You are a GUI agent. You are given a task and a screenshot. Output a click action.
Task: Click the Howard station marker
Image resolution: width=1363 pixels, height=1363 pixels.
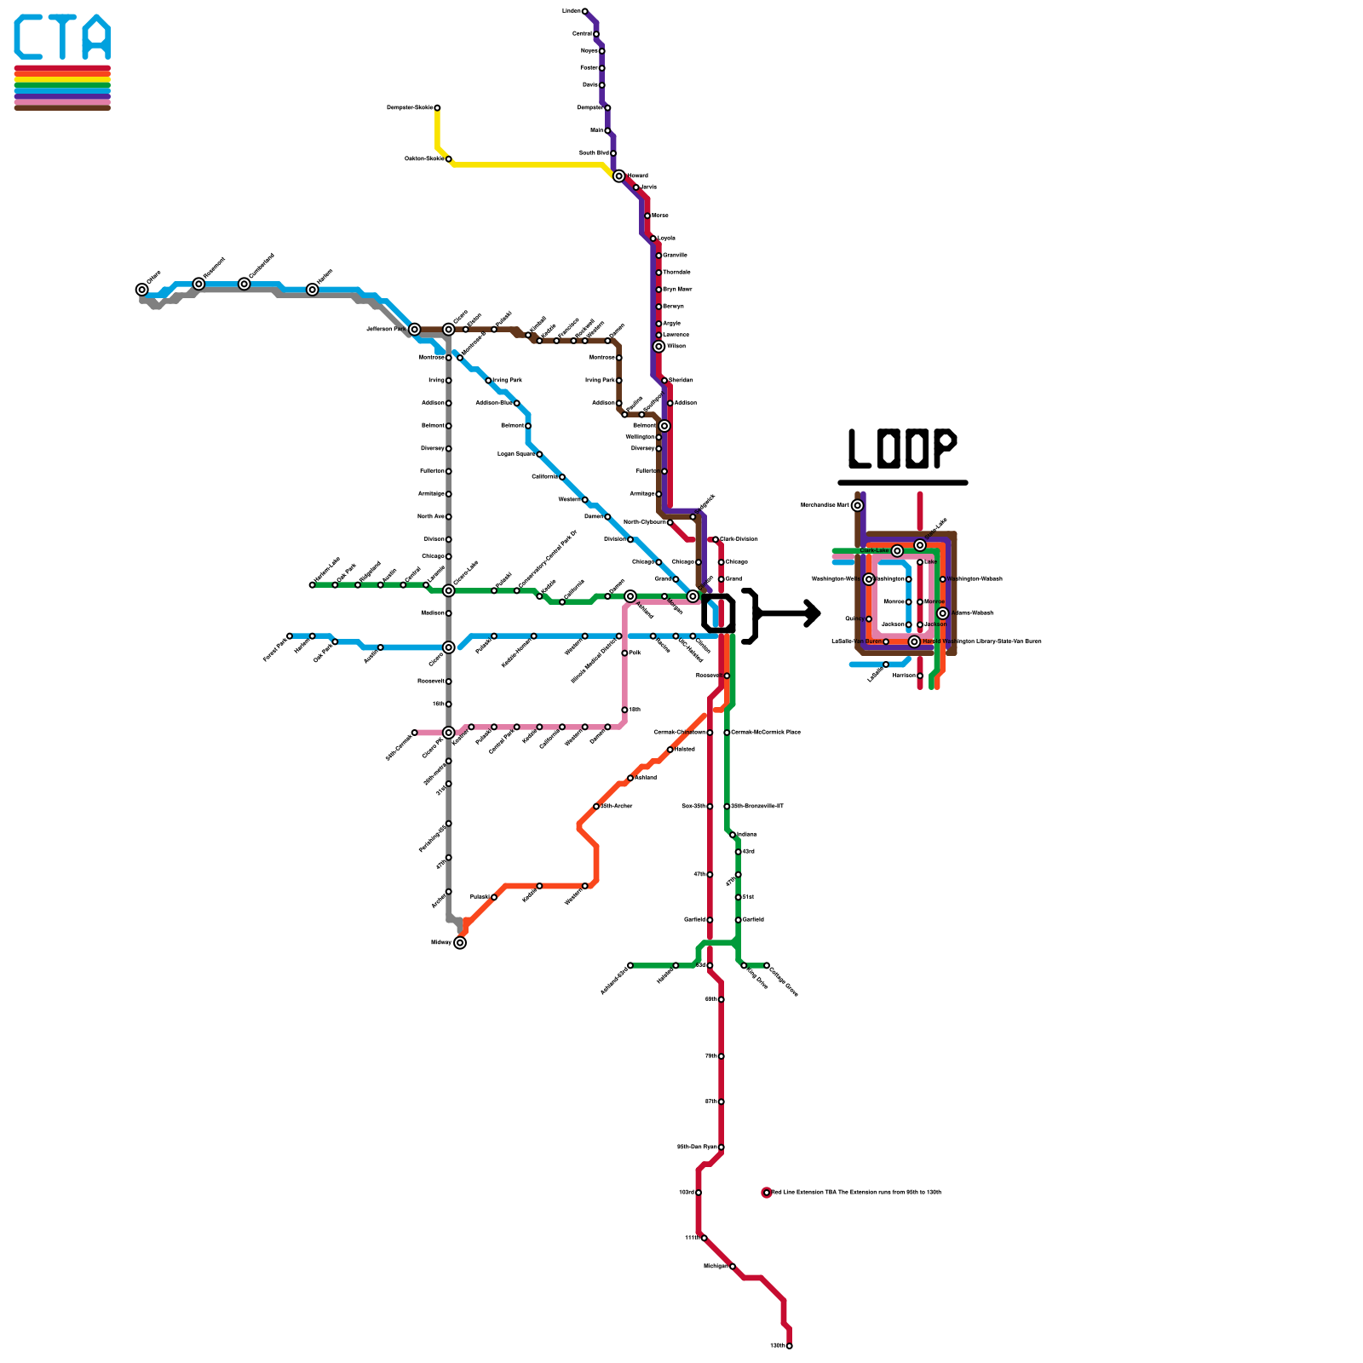point(618,175)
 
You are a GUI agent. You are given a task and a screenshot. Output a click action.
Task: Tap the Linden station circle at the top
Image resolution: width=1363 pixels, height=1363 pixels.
point(584,11)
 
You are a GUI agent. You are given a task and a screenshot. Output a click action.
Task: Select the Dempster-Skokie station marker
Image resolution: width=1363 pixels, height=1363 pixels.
point(437,108)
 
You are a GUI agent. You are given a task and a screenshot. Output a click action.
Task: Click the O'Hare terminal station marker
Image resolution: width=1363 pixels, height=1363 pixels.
point(142,290)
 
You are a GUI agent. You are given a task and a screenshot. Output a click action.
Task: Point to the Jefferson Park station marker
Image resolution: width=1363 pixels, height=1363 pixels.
point(414,330)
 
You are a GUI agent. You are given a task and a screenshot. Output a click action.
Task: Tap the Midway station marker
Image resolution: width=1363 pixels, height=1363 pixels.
point(460,942)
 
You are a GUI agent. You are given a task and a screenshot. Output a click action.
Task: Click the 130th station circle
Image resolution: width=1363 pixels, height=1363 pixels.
point(790,1346)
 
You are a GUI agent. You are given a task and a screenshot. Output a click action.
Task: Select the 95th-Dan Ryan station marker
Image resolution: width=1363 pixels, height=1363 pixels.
point(721,1147)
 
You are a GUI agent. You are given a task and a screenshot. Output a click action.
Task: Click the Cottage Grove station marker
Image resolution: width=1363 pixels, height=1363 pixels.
point(767,966)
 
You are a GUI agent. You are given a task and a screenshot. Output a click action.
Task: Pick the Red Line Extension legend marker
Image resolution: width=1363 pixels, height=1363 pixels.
point(767,1193)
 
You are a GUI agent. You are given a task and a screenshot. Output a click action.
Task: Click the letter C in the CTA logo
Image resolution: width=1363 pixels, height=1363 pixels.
point(31,37)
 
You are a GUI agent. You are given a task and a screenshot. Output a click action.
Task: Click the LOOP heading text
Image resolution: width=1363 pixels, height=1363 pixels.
point(902,448)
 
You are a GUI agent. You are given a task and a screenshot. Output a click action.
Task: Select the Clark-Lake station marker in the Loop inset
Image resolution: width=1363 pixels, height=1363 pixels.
point(897,551)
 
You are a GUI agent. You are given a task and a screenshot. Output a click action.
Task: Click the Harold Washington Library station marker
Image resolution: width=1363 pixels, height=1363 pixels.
point(914,641)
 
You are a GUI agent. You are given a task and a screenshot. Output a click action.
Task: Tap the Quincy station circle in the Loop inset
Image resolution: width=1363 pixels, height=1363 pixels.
point(869,619)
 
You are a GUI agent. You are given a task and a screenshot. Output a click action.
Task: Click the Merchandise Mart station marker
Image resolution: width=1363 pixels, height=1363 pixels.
point(857,505)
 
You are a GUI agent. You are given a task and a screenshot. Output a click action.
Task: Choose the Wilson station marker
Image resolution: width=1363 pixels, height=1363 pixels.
point(658,347)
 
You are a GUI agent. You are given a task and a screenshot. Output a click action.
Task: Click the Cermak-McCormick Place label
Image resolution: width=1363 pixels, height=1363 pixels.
point(766,733)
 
